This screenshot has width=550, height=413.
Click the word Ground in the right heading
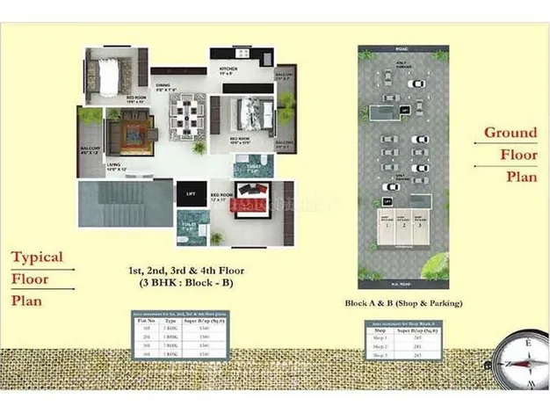click(510, 133)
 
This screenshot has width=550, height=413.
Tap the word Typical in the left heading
click(37, 257)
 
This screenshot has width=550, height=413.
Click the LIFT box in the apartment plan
click(190, 194)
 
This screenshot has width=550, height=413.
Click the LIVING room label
click(114, 165)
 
